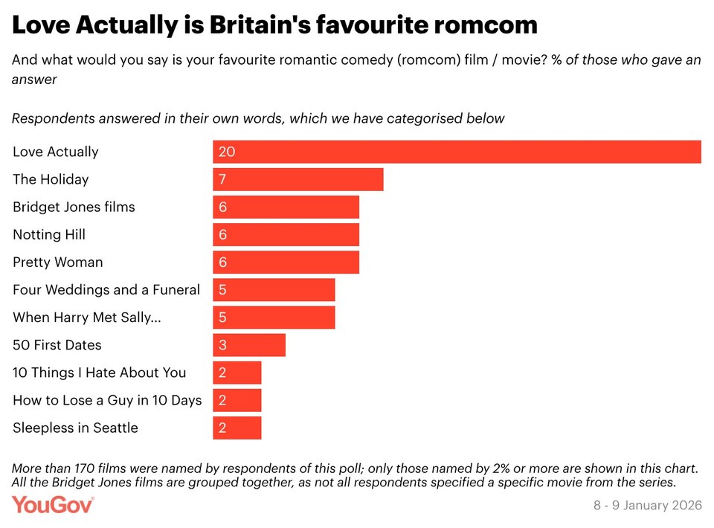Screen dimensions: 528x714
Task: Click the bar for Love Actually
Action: (x=457, y=152)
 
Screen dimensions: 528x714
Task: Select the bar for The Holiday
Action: (x=297, y=179)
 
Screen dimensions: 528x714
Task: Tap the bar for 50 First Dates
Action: (x=248, y=345)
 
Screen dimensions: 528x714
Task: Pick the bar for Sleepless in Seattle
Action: (x=237, y=428)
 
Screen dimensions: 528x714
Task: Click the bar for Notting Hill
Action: (x=286, y=234)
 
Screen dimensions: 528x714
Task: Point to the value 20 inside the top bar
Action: (x=227, y=152)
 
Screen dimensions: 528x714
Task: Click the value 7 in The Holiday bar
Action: (x=222, y=179)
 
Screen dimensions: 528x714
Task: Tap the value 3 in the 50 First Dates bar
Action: (x=222, y=345)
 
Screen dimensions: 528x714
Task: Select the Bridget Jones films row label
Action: (x=74, y=207)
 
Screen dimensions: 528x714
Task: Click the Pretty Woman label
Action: (x=58, y=262)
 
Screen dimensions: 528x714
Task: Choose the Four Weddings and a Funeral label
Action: (x=106, y=289)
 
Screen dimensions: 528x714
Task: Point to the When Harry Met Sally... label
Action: (x=87, y=318)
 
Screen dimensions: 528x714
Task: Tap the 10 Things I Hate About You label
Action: (x=100, y=373)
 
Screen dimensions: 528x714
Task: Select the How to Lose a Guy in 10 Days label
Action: (x=107, y=400)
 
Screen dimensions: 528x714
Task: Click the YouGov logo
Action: (x=53, y=505)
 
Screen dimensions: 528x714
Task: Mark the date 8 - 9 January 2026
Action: (x=647, y=506)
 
